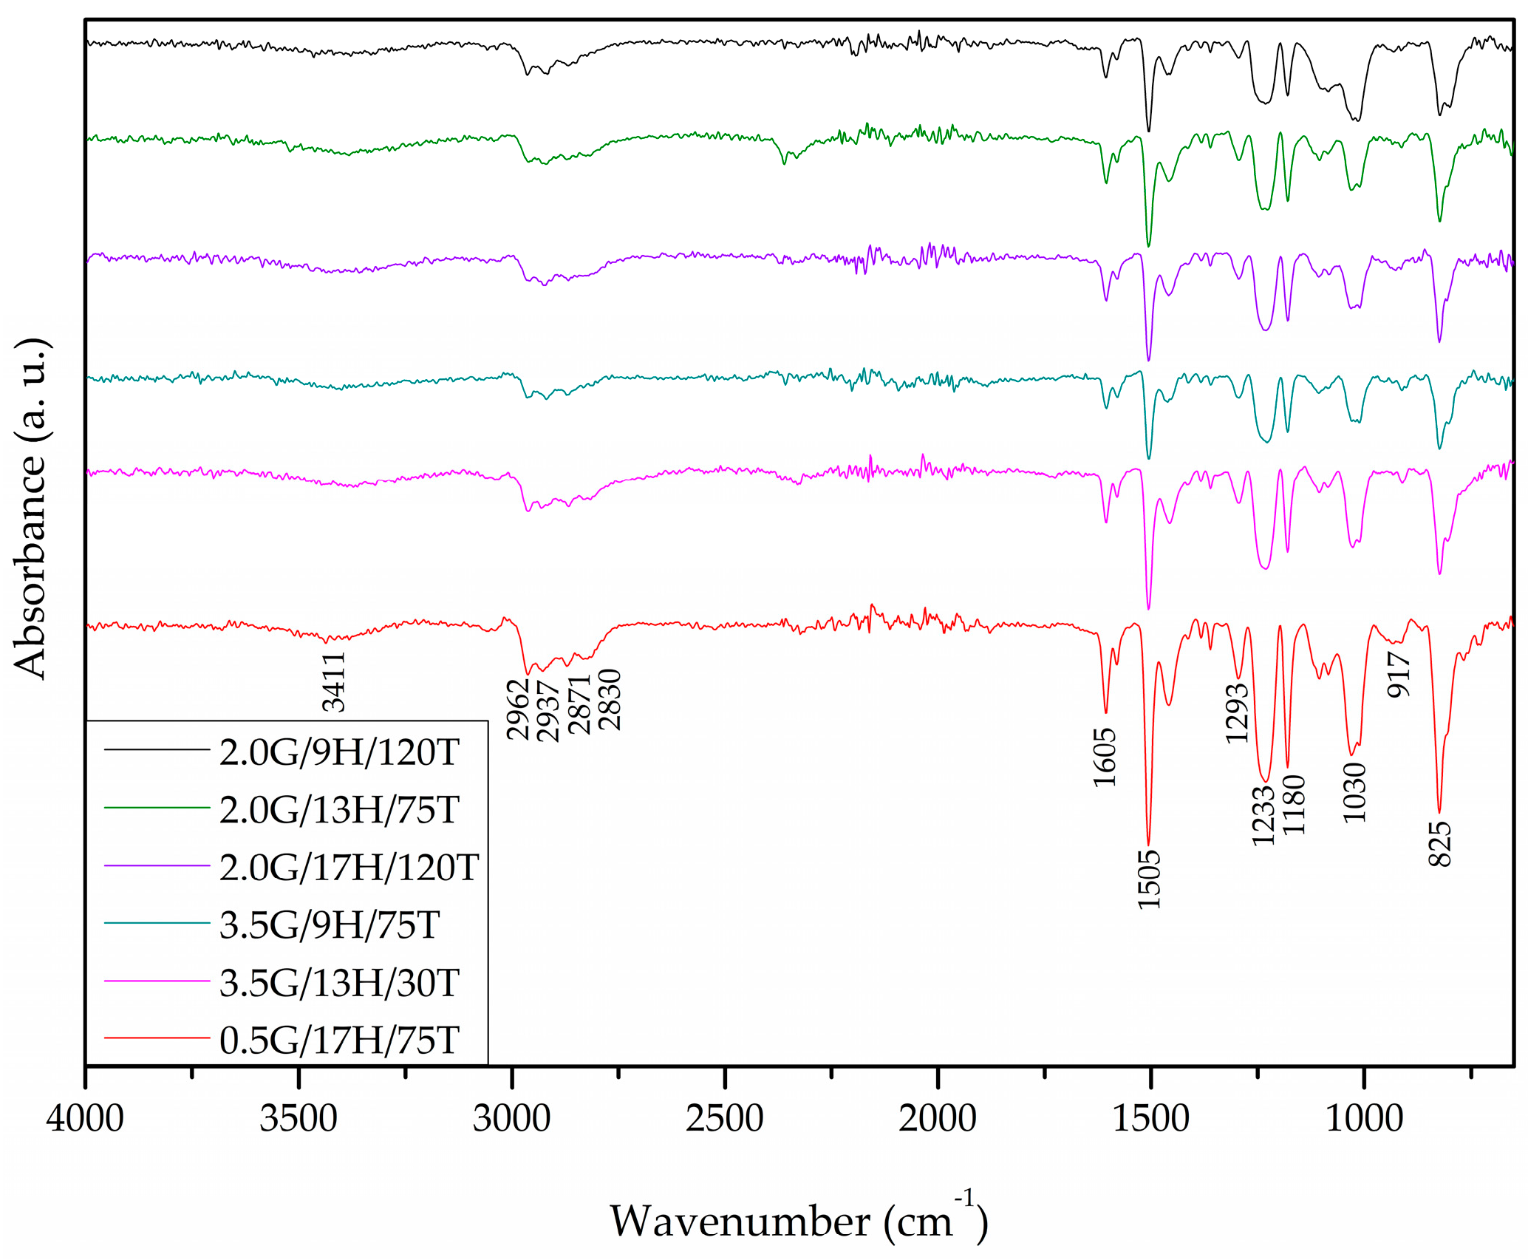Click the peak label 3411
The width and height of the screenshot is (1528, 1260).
click(x=334, y=681)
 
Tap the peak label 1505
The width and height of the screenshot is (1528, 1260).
click(x=1150, y=879)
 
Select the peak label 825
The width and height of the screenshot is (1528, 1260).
click(x=1440, y=844)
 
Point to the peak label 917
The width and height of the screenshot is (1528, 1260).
click(x=1399, y=675)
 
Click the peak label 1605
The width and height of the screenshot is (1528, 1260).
click(x=1105, y=757)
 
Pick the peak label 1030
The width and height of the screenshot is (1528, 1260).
click(x=1355, y=793)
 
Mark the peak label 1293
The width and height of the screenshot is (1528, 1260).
click(x=1237, y=714)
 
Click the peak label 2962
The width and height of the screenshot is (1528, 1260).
click(x=519, y=709)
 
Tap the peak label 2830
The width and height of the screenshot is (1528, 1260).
click(x=610, y=700)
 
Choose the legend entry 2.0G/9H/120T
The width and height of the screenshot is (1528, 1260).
click(x=339, y=753)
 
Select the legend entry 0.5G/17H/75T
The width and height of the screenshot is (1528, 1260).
click(x=339, y=1041)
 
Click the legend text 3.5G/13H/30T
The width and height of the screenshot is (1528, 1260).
click(x=339, y=983)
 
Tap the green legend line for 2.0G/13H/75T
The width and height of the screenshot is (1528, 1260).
click(x=157, y=808)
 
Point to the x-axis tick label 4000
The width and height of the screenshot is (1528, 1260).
click(x=85, y=1119)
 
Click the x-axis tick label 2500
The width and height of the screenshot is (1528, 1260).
click(x=724, y=1119)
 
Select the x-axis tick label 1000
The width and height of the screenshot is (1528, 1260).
click(x=1363, y=1119)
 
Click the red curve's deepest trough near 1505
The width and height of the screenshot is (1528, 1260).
click(x=1148, y=842)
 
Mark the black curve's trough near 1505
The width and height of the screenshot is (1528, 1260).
click(x=1148, y=131)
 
